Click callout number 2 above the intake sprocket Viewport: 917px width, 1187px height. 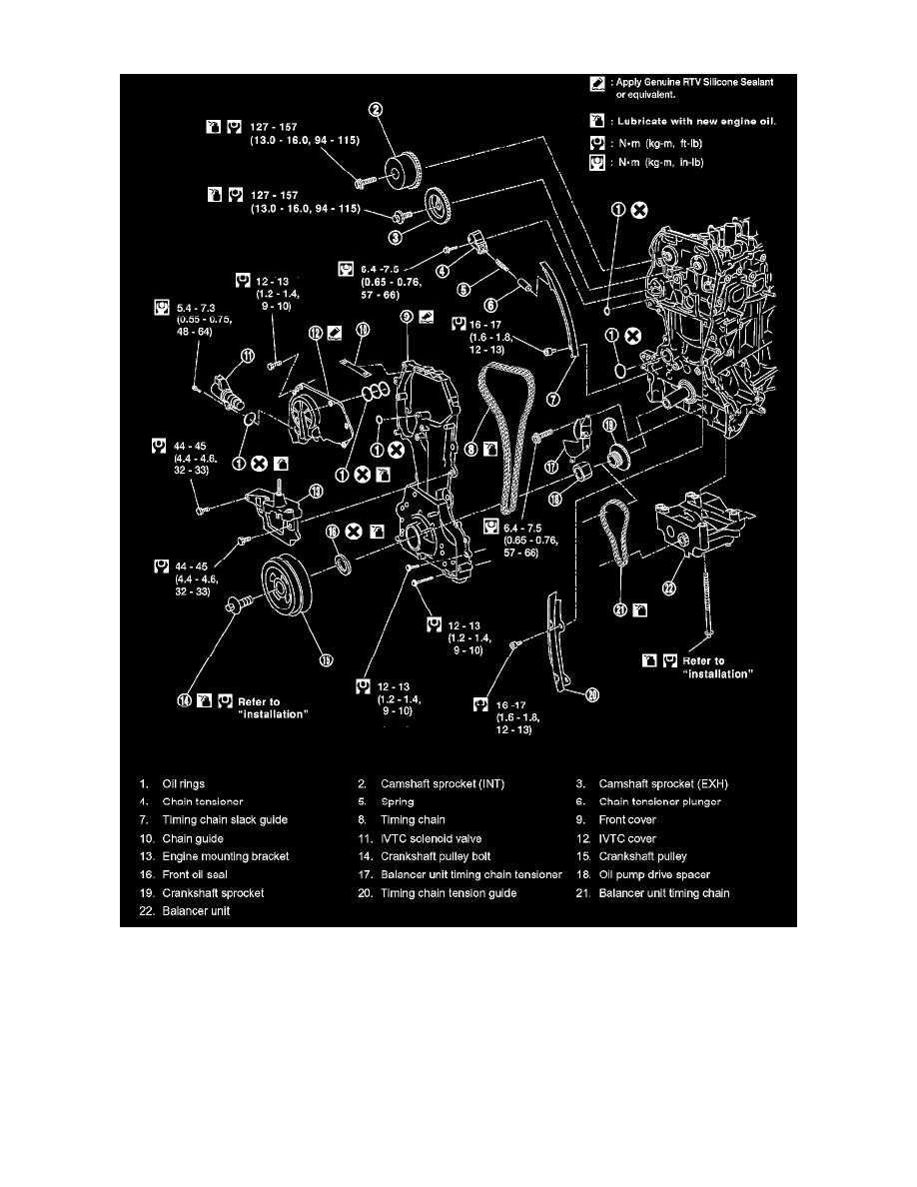pyautogui.click(x=377, y=139)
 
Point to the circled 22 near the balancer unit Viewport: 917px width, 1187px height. pyautogui.click(x=670, y=589)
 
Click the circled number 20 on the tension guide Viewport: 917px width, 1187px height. pyautogui.click(x=591, y=696)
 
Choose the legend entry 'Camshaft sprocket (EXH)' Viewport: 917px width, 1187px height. pyautogui.click(x=663, y=783)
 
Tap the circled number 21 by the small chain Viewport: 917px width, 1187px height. pyautogui.click(x=621, y=610)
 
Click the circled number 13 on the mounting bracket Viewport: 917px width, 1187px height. pyautogui.click(x=316, y=491)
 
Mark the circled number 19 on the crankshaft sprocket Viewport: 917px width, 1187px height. pyautogui.click(x=608, y=427)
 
